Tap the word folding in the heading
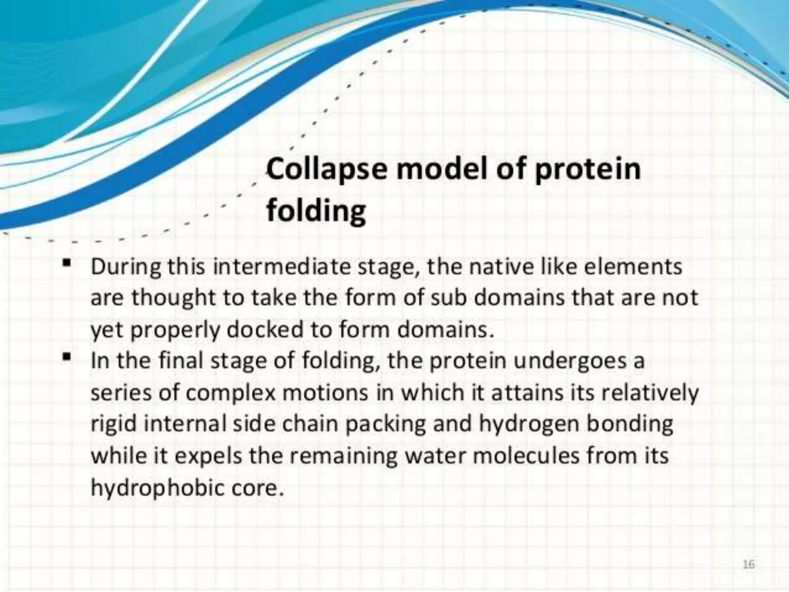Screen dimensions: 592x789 pos(316,211)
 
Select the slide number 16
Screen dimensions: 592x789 pos(748,565)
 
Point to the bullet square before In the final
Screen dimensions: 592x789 pos(67,357)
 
